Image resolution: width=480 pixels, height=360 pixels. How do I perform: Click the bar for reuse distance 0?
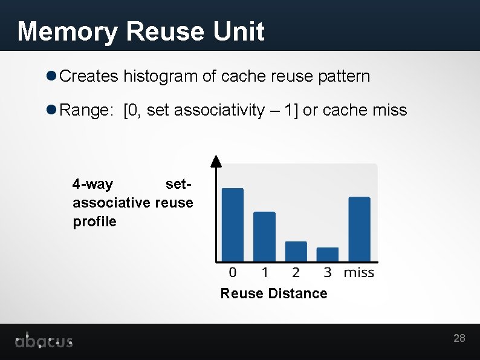[233, 224]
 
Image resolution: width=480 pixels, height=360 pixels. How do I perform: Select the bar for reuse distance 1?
[264, 236]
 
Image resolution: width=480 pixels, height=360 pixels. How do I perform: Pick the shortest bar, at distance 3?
[328, 254]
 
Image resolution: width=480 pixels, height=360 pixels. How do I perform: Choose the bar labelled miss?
[360, 228]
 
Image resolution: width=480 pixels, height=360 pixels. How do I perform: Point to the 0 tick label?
[233, 272]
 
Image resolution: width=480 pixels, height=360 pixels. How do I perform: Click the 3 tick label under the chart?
[328, 272]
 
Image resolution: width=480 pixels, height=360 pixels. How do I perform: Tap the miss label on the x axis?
[359, 272]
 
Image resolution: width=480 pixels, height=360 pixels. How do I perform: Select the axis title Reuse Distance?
[274, 293]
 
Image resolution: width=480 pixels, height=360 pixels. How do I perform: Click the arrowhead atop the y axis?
[216, 160]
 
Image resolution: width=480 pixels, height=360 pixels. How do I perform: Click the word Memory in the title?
[67, 31]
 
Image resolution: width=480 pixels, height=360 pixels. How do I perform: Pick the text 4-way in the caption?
[92, 183]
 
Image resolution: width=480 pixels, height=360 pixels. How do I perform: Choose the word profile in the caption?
[94, 221]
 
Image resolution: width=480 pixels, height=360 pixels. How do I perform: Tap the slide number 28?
[459, 338]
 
